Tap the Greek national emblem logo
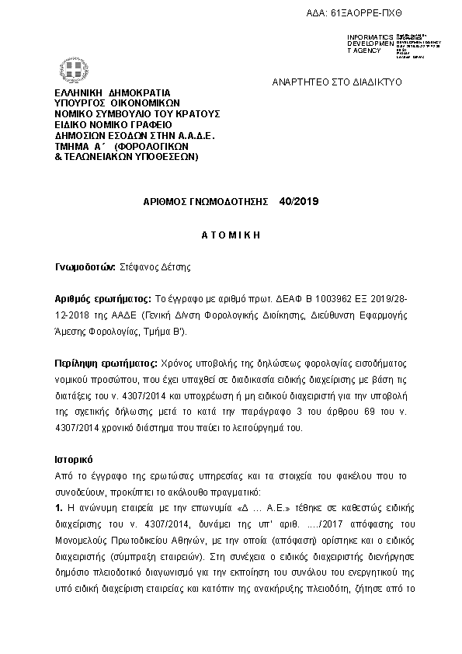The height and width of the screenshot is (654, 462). pyautogui.click(x=78, y=76)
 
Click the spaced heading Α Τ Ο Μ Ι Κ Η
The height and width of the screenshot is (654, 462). pyautogui.click(x=231, y=234)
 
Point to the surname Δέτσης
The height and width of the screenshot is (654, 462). pyautogui.click(x=175, y=266)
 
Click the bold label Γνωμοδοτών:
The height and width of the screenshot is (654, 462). pyautogui.click(x=85, y=266)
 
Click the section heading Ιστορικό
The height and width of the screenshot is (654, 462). pyautogui.click(x=75, y=458)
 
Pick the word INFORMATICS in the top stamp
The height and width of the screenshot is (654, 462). pyautogui.click(x=370, y=37)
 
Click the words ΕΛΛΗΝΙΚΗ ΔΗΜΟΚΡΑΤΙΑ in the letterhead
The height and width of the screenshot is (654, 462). pyautogui.click(x=113, y=92)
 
